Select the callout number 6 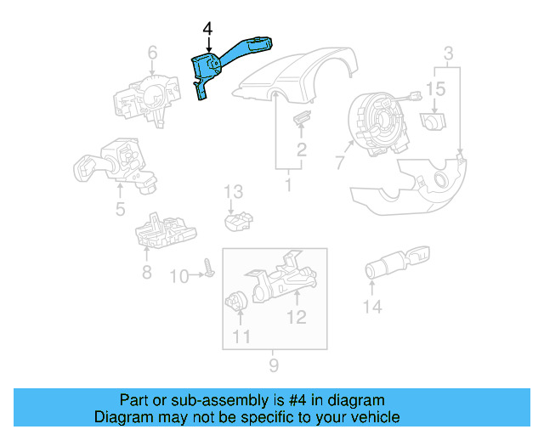[152, 55]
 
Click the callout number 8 [146, 273]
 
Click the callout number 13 [234, 192]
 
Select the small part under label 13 [239, 222]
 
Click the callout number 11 [241, 336]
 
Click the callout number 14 [372, 308]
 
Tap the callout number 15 [435, 89]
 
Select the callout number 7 [338, 161]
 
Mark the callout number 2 [301, 151]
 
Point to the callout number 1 [289, 184]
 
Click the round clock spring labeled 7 [375, 118]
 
